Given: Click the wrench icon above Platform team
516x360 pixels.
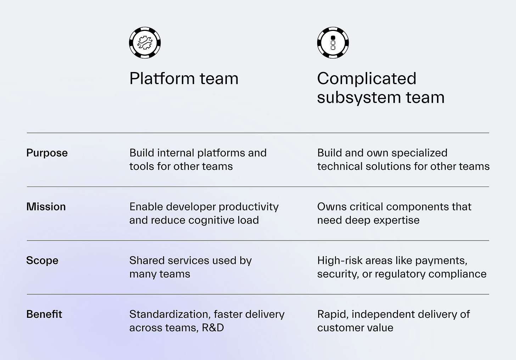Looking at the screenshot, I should click(145, 43).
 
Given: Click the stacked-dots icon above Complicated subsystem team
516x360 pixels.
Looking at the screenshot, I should click(333, 43).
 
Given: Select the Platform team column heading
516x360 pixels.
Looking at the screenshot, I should click(184, 78).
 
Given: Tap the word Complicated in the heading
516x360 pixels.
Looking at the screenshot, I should click(366, 78).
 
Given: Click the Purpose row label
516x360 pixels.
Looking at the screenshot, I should click(47, 153).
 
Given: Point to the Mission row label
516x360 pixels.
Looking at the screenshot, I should click(46, 207).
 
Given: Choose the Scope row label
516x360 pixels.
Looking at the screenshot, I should click(42, 260).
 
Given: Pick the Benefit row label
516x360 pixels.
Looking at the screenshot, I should click(44, 314).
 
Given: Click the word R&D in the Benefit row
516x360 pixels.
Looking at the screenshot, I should click(213, 327).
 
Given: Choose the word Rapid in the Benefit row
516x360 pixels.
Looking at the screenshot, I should click(332, 314).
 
